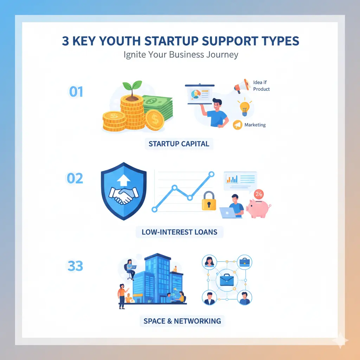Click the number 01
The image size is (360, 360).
point(76,92)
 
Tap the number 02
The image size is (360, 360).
point(75,178)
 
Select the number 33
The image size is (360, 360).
point(75,266)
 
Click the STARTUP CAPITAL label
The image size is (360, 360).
point(179,144)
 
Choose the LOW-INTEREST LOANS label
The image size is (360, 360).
point(179,232)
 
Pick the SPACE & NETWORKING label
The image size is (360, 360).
point(182,321)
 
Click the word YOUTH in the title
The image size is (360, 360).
point(120,41)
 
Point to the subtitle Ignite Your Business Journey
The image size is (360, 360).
point(181,54)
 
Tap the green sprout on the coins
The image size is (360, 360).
point(132,87)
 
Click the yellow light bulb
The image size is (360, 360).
point(245,108)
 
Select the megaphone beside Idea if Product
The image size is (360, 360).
point(242,86)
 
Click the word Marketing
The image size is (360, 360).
point(255,125)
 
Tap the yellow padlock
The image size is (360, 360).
point(209,201)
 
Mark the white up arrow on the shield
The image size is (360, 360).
point(123,180)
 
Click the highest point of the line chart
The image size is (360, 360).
point(211,174)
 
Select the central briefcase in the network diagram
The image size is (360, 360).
point(227,280)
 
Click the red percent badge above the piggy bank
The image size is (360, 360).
point(259,194)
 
